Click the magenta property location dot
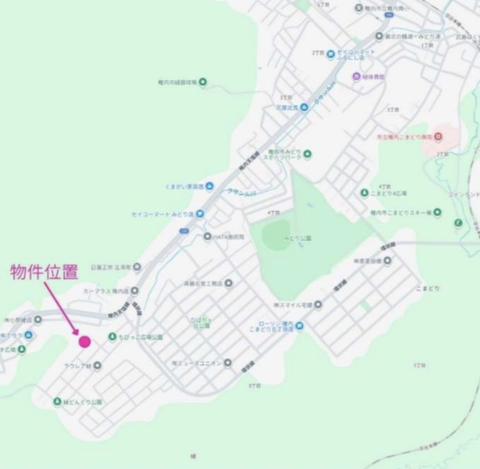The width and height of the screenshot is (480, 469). point(85,341)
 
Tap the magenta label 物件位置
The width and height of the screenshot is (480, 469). point(44,271)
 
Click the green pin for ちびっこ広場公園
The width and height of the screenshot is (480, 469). point(112,336)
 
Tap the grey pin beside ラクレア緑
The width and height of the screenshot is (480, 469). point(97,365)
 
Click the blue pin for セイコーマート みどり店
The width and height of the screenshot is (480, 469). point(199,214)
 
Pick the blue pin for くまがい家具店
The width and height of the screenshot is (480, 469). point(209,186)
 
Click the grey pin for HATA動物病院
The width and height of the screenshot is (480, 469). point(207,236)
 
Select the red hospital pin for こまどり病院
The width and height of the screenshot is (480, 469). point(438,136)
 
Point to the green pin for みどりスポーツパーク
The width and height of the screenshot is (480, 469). point(307,153)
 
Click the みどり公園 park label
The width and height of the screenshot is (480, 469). point(298,238)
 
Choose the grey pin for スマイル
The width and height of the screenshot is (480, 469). point(318,304)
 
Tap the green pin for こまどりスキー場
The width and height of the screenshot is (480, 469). point(437,213)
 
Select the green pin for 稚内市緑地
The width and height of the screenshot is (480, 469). point(202,83)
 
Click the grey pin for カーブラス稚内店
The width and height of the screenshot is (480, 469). point(135,291)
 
